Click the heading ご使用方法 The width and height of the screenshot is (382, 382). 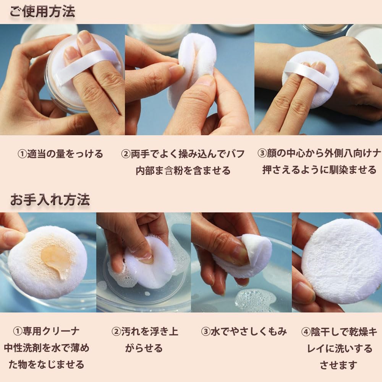coord(42,11)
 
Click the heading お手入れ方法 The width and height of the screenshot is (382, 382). coord(50,200)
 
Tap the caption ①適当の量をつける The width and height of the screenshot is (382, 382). coord(60,154)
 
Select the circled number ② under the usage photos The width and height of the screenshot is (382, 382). coord(126,154)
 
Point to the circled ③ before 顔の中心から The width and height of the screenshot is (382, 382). coord(262,153)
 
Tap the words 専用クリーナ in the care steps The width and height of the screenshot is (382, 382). coord(51,331)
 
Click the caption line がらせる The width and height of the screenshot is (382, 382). coord(144,348)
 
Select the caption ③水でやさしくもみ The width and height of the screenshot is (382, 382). coord(244,331)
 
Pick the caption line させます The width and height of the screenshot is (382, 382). coord(338,365)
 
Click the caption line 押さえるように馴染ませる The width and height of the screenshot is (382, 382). coord(319,170)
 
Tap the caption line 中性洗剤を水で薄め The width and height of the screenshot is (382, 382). coord(47,348)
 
